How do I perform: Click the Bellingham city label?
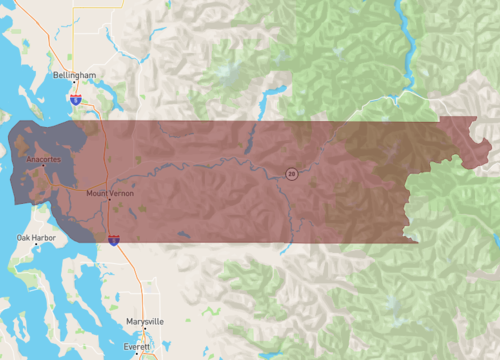tap(75, 75)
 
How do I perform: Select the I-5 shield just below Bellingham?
tap(76, 99)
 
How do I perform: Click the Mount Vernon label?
tap(110, 192)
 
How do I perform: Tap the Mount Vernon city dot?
tap(110, 199)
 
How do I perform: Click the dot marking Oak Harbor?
tap(37, 244)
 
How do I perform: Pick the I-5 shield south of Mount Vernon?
tap(114, 240)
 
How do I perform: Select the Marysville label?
tap(145, 321)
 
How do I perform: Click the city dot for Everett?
tap(146, 351)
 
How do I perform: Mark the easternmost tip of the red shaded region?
tap(491, 147)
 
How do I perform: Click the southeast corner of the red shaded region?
tap(416, 240)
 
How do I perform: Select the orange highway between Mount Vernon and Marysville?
tap(130, 280)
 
